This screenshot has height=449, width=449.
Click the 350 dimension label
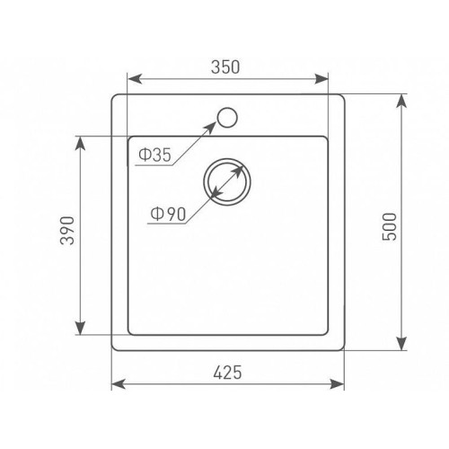(x=225, y=67)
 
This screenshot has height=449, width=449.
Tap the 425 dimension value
(x=227, y=373)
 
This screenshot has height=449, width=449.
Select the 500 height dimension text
(x=390, y=226)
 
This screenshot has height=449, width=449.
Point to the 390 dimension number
(x=67, y=231)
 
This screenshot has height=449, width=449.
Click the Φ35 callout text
(x=154, y=155)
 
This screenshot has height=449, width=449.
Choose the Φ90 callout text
(x=168, y=214)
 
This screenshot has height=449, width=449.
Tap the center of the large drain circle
(x=227, y=182)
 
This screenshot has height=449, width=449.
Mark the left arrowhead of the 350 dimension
(x=135, y=79)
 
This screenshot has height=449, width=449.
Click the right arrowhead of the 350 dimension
(x=321, y=79)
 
